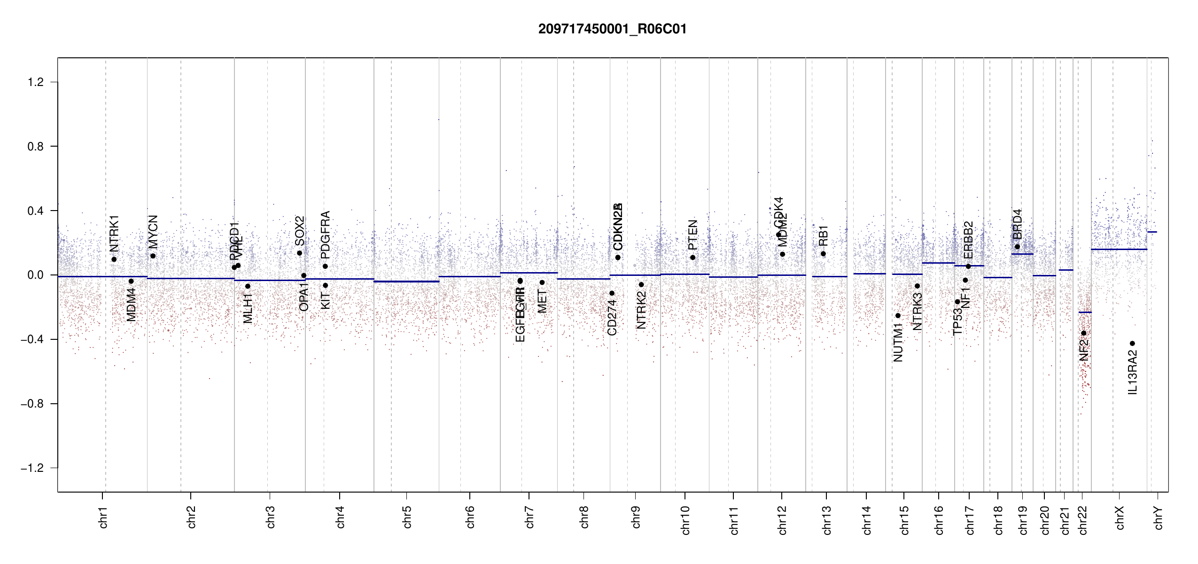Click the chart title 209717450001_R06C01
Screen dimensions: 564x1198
point(612,29)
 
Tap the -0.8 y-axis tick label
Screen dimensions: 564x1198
point(32,404)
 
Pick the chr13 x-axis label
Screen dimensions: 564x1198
point(826,520)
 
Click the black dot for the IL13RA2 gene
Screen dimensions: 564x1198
point(1132,343)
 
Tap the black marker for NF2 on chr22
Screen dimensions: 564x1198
point(1084,333)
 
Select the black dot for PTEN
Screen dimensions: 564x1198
point(692,258)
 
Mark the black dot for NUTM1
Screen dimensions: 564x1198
point(898,316)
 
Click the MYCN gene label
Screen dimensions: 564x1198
point(153,232)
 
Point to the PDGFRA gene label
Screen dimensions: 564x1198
point(325,235)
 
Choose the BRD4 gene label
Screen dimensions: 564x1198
point(1017,224)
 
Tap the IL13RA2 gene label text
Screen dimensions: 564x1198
point(1133,372)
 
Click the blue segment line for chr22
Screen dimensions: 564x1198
point(1084,313)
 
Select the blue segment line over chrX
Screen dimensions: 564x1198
point(1119,250)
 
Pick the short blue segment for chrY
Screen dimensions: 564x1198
point(1152,232)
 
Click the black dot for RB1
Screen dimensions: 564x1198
point(823,254)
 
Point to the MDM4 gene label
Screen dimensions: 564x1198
point(132,305)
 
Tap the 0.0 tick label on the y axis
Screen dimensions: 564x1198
point(36,275)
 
